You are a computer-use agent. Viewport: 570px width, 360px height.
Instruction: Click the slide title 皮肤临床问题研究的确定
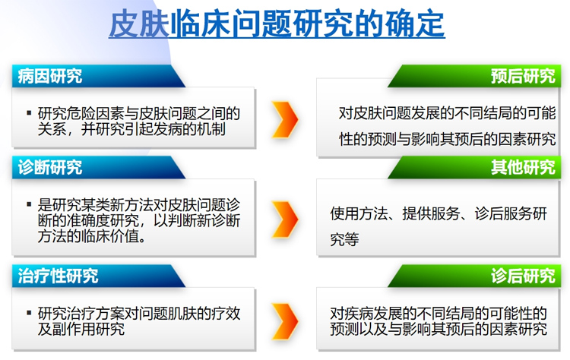277,24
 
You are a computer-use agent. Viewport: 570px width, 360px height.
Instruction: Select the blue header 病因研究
50,76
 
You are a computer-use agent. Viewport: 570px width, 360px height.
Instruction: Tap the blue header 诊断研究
50,167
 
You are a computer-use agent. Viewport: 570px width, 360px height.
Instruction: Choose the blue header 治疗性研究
58,276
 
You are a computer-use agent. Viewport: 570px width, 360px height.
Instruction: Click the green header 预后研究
523,76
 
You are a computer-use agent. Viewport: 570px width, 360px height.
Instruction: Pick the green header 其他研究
523,167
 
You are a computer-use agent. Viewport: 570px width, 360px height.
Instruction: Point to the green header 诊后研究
523,276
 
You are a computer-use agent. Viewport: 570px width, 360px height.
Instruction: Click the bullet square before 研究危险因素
29,113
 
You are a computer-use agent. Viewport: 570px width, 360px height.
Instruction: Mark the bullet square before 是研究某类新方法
29,204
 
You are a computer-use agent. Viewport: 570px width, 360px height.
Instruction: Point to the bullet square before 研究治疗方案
29,312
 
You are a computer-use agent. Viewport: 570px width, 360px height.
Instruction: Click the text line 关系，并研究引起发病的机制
131,129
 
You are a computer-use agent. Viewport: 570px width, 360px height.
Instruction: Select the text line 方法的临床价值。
92,236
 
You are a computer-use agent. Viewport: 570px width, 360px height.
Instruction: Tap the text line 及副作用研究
81,329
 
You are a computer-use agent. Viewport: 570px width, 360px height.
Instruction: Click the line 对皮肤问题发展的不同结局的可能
447,113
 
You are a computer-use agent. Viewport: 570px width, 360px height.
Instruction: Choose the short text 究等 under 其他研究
344,239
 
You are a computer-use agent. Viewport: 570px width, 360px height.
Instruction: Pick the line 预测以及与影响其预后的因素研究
439,329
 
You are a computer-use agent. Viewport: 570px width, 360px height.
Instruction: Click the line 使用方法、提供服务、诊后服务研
439,213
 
